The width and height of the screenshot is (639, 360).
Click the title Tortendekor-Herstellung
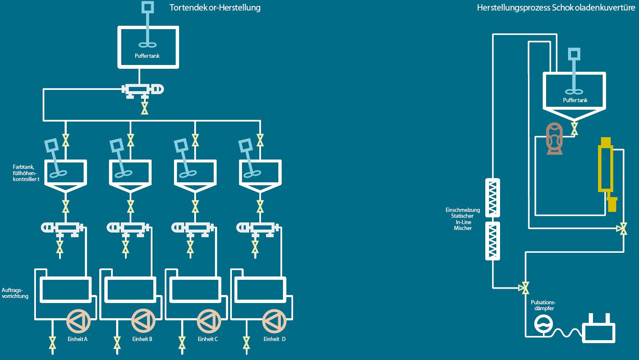pos(215,8)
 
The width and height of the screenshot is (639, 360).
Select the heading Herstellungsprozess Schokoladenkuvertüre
pos(556,8)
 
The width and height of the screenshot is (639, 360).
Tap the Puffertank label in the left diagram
pos(147,56)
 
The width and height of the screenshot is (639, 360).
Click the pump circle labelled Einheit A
pos(79,322)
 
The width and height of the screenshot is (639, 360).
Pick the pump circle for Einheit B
pos(144,322)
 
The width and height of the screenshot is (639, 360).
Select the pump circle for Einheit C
pos(209,322)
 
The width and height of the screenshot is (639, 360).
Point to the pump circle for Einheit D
pos(275,322)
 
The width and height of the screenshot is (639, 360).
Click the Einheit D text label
pos(275,339)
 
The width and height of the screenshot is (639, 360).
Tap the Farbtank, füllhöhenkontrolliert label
pos(26,173)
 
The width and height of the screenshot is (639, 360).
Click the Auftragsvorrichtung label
pos(15,293)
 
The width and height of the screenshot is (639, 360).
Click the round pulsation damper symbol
pos(544,324)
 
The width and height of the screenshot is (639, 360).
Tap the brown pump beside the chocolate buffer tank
pos(555,138)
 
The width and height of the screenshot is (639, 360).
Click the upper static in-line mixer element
pos(492,197)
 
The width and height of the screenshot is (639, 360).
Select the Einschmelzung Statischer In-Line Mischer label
pos(463,219)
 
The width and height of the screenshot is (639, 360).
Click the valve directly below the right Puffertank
pos(574,128)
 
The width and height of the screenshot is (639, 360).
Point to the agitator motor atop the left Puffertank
pos(147,7)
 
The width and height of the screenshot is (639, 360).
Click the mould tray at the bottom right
pos(599,330)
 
